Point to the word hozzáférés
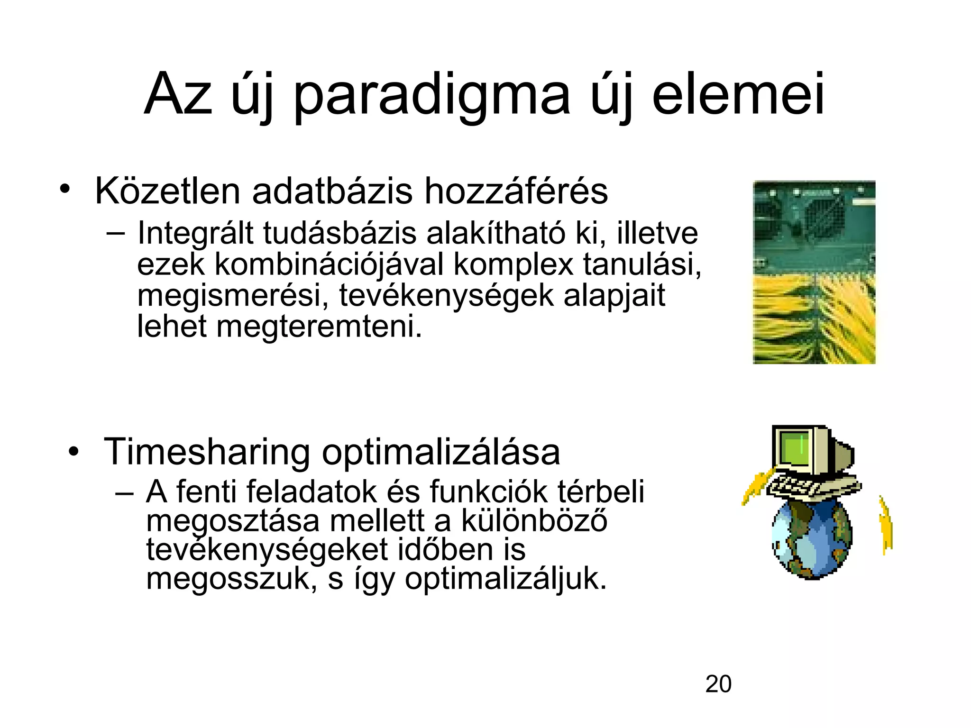[515, 191]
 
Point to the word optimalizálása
[441, 453]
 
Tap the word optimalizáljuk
[505, 579]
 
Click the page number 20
[718, 684]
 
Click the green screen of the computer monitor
[792, 447]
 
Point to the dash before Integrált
[116, 233]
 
